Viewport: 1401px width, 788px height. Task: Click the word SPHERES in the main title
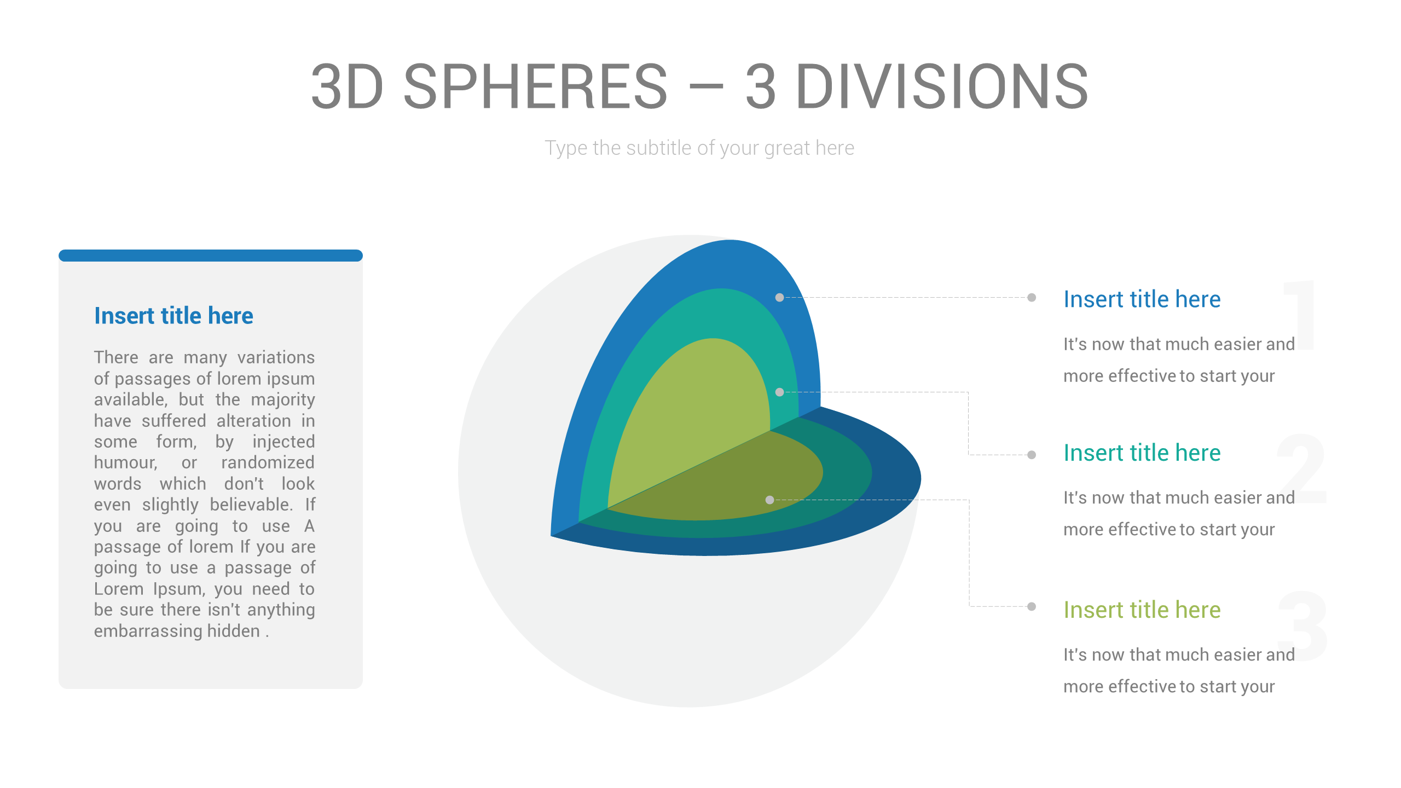pyautogui.click(x=535, y=86)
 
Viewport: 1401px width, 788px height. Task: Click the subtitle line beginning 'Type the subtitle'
pyautogui.click(x=699, y=148)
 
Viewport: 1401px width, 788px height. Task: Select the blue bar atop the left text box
pyautogui.click(x=211, y=256)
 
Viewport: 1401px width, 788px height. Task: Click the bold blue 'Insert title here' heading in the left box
pyautogui.click(x=173, y=316)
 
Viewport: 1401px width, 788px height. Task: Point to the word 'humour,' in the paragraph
pyautogui.click(x=126, y=463)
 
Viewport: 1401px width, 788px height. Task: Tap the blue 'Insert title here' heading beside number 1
pyautogui.click(x=1142, y=299)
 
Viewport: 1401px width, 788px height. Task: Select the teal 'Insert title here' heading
pyautogui.click(x=1142, y=453)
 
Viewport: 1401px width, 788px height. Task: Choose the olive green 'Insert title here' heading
pyautogui.click(x=1142, y=610)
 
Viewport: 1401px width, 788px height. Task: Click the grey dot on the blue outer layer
pyautogui.click(x=779, y=298)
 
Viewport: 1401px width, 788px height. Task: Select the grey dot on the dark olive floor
pyautogui.click(x=769, y=500)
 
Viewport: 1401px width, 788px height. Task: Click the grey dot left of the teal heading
pyautogui.click(x=1032, y=455)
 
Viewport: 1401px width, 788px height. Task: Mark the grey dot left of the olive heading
pyautogui.click(x=1032, y=606)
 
